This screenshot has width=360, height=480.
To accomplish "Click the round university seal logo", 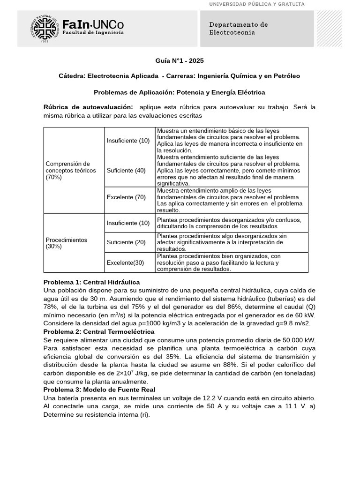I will (x=45, y=29).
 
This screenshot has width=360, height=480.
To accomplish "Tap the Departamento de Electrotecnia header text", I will (x=238, y=29).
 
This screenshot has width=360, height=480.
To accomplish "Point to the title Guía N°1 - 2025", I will (x=180, y=61).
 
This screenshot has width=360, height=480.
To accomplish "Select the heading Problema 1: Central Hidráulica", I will (x=91, y=282).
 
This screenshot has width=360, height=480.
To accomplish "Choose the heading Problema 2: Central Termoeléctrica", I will (x=99, y=331).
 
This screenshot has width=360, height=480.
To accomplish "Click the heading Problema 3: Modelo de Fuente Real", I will (x=99, y=390).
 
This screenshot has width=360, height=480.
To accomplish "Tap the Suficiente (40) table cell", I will (x=126, y=171).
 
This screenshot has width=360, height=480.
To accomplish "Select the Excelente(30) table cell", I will (x=125, y=262).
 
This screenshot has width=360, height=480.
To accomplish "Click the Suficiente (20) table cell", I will (x=126, y=242).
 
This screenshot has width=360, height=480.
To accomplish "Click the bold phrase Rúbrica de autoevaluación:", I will (x=88, y=107).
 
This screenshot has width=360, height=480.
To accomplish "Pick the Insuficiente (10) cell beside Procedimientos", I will (x=128, y=223).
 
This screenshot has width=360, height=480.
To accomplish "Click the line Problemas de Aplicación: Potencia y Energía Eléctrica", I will (x=180, y=92).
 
